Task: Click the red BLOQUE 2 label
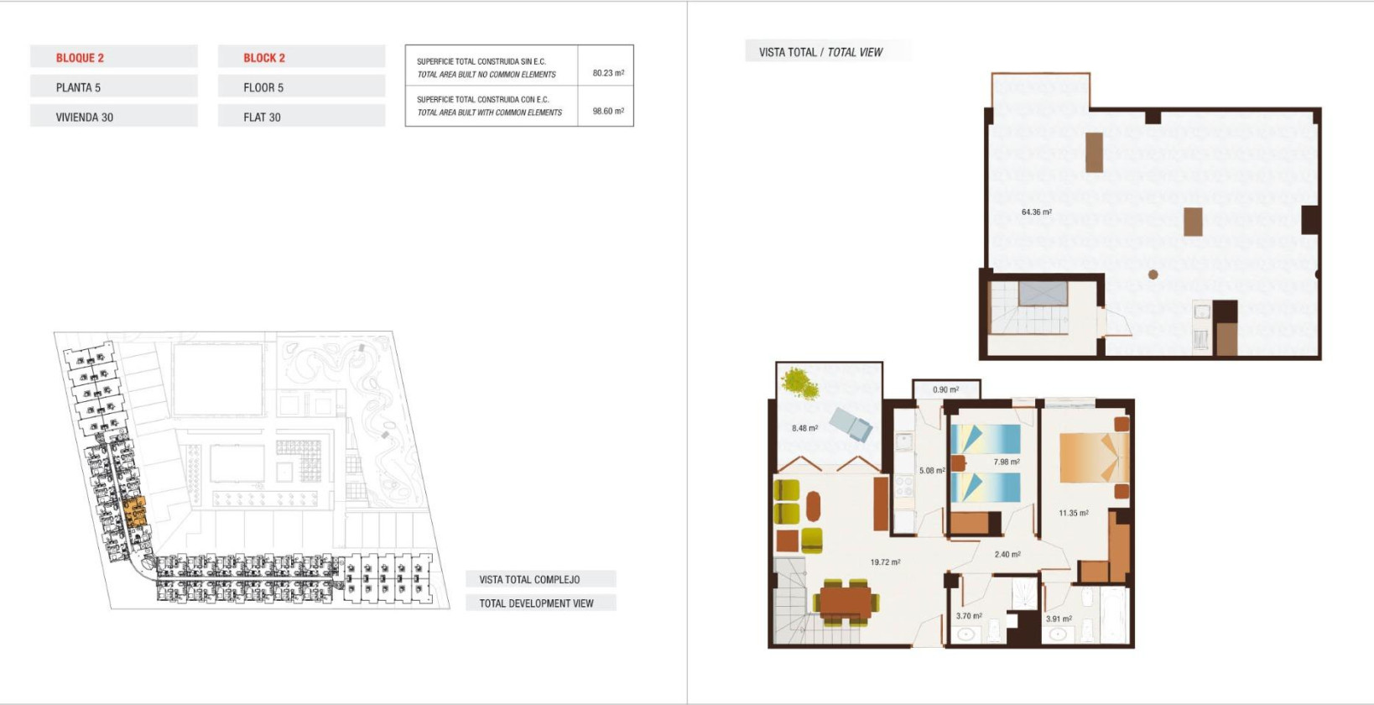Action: click(80, 58)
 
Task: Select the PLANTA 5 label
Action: click(78, 87)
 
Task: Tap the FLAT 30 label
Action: click(262, 117)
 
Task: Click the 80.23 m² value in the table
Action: click(607, 73)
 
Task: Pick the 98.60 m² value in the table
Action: click(607, 111)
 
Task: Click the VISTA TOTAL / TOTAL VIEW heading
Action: click(820, 52)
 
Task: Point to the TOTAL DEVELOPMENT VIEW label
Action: click(536, 603)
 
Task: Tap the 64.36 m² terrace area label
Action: click(1036, 212)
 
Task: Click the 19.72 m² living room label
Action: click(884, 562)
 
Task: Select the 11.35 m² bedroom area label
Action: click(1073, 513)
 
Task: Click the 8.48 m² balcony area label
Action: click(804, 428)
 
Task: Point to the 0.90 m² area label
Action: click(945, 389)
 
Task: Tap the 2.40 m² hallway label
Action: click(1007, 555)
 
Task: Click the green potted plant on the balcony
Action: click(799, 383)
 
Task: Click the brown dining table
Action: click(846, 601)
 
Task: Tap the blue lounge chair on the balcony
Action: click(851, 424)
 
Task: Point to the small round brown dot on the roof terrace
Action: click(1153, 274)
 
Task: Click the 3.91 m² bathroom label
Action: click(1058, 619)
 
